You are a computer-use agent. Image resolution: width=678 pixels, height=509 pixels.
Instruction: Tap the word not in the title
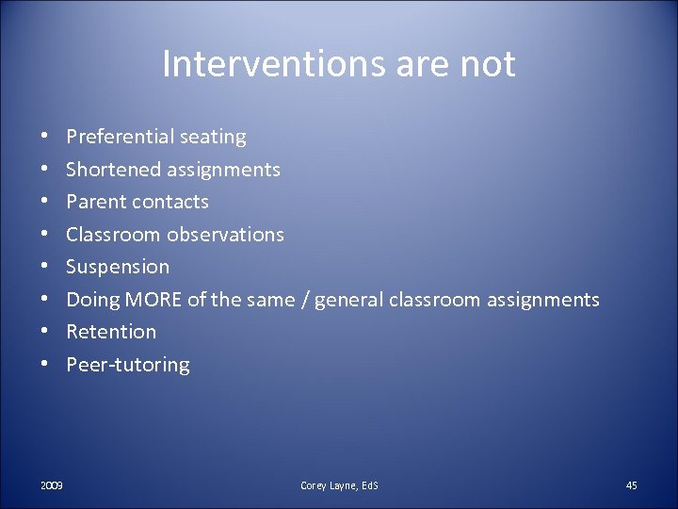[x=489, y=65]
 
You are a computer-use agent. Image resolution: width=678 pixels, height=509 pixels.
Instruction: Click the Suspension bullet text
[x=118, y=267]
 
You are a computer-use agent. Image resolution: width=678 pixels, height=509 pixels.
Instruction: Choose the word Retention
[x=111, y=332]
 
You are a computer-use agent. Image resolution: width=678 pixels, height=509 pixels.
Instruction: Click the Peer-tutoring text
[x=127, y=365]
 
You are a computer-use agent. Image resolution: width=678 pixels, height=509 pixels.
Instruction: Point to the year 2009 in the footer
[x=52, y=485]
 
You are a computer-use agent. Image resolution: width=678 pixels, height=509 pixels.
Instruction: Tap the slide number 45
[x=631, y=485]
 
